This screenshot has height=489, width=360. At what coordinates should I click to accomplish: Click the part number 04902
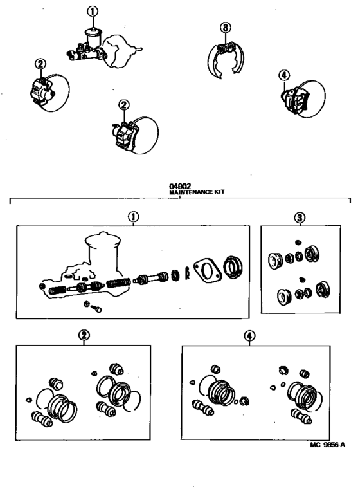click(180, 187)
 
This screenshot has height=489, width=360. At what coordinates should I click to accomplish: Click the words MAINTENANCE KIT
click(197, 192)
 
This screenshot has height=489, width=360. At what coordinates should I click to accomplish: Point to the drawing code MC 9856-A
click(327, 445)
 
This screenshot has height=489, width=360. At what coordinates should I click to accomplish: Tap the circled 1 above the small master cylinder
click(93, 12)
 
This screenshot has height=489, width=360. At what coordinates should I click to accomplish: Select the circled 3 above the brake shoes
click(226, 28)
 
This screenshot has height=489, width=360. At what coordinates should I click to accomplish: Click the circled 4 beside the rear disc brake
click(283, 75)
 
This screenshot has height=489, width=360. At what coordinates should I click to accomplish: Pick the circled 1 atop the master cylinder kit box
click(134, 216)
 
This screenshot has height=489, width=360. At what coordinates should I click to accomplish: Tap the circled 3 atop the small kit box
click(300, 217)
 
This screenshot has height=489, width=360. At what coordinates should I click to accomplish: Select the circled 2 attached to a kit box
click(84, 336)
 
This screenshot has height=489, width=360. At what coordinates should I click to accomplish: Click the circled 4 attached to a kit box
click(249, 336)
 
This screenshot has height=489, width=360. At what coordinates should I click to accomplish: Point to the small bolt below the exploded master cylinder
click(96, 309)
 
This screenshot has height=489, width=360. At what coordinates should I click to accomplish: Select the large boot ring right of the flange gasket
click(233, 267)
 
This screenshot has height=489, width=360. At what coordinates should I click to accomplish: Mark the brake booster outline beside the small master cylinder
click(122, 51)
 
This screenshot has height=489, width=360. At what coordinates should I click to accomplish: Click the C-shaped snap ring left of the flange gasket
click(187, 273)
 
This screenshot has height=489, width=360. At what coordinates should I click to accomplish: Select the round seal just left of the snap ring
click(175, 275)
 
